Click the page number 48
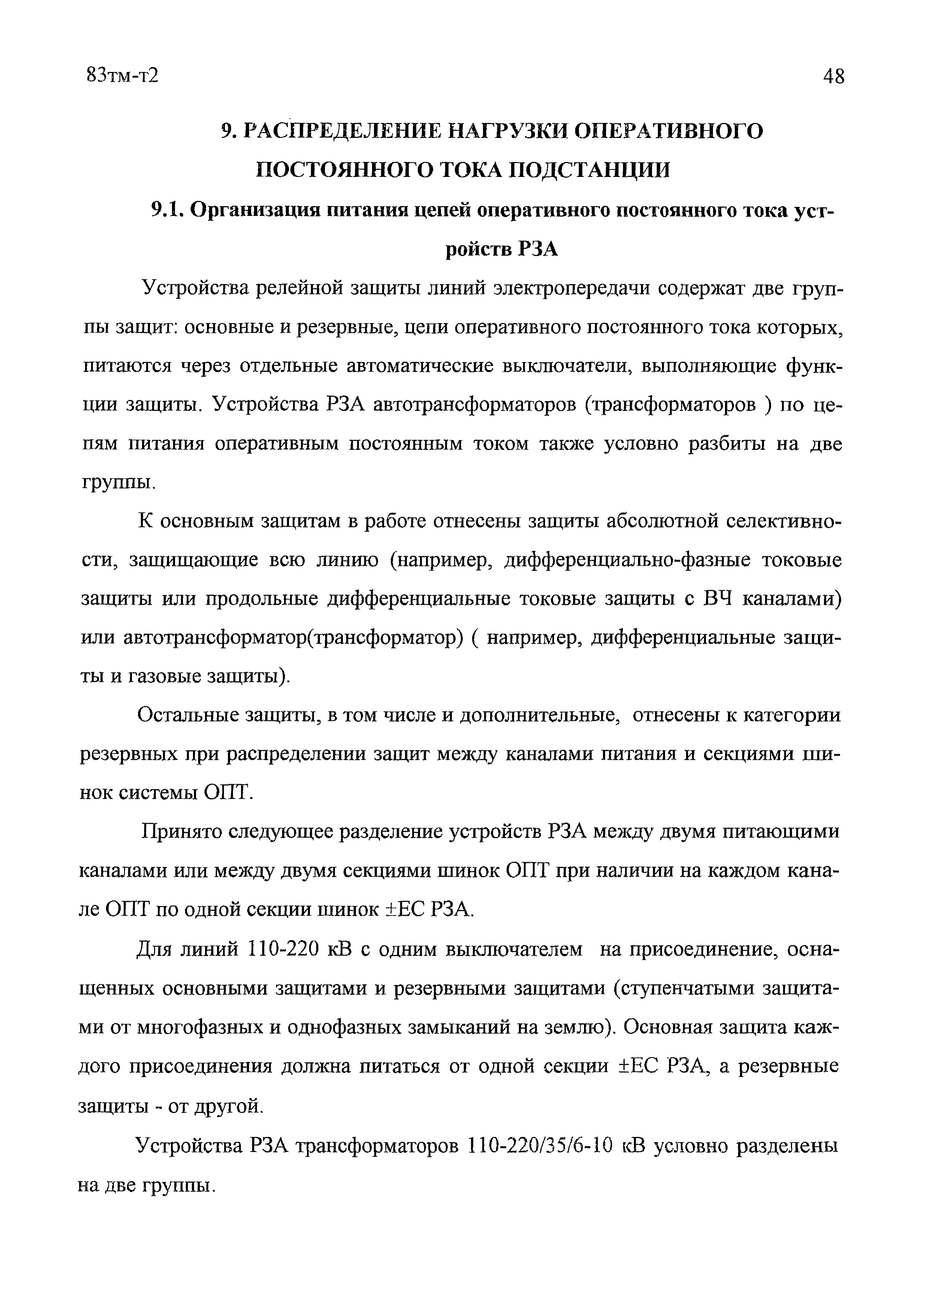click(x=833, y=76)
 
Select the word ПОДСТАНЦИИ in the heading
click(x=589, y=170)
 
